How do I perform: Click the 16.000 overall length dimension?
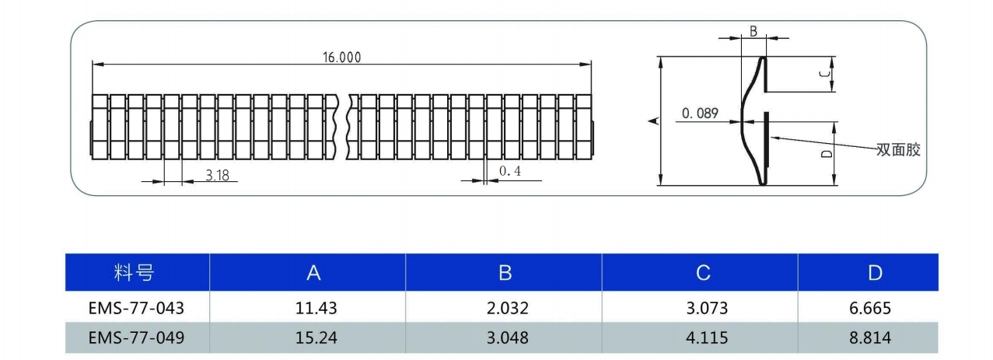[x=341, y=58]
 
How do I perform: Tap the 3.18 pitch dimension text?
[x=217, y=175]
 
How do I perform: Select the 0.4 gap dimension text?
[x=510, y=171]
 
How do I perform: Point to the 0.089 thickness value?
[x=700, y=113]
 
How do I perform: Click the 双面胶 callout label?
[x=898, y=149]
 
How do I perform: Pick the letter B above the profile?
[x=753, y=31]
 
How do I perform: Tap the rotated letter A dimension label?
[x=654, y=121]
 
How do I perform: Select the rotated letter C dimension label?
[x=824, y=74]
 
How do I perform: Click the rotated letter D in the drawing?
[x=827, y=153]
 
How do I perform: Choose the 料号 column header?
[x=134, y=272]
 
